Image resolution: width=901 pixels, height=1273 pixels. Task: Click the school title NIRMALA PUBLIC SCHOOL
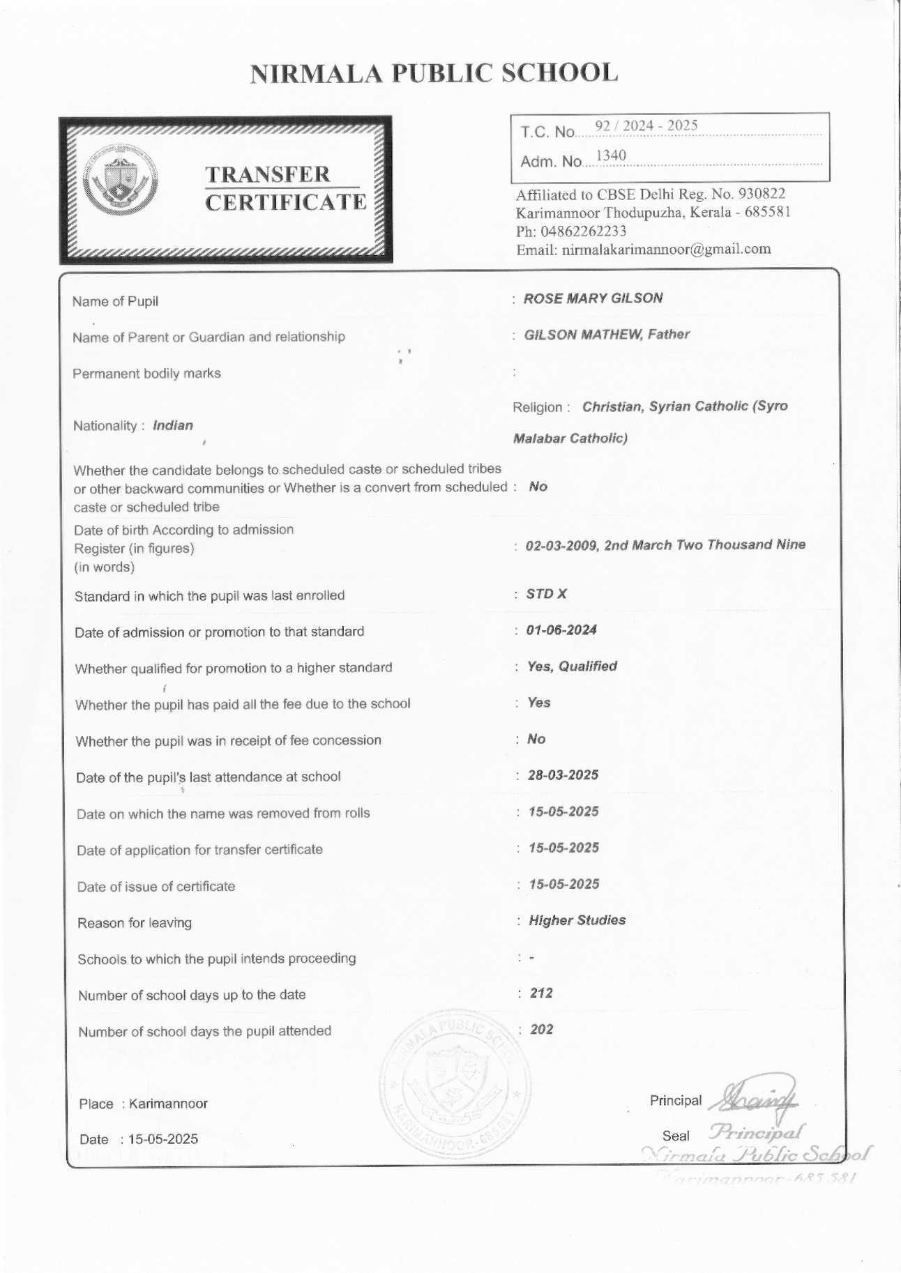point(434,73)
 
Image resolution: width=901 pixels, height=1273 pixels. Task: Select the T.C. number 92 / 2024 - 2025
point(646,125)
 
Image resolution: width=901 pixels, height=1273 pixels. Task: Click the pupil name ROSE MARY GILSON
point(593,298)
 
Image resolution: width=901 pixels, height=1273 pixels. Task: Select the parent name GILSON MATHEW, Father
point(607,335)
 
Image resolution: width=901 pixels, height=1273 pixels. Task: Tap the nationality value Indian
point(173,425)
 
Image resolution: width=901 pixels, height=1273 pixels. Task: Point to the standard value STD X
point(546,594)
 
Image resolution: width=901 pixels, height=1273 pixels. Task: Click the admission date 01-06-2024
point(561,630)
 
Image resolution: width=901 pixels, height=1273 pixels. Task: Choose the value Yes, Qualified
point(572,666)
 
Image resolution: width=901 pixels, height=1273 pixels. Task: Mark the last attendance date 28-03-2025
point(563,775)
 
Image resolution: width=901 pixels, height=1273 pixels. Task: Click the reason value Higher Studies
point(577,920)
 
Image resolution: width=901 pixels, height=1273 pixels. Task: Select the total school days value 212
point(541,993)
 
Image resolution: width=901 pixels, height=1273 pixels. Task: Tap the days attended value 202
point(541,1029)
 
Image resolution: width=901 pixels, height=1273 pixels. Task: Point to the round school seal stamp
point(450,1084)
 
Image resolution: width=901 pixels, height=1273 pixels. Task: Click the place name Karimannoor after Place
point(168,1104)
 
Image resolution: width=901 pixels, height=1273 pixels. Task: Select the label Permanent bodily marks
point(146,374)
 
